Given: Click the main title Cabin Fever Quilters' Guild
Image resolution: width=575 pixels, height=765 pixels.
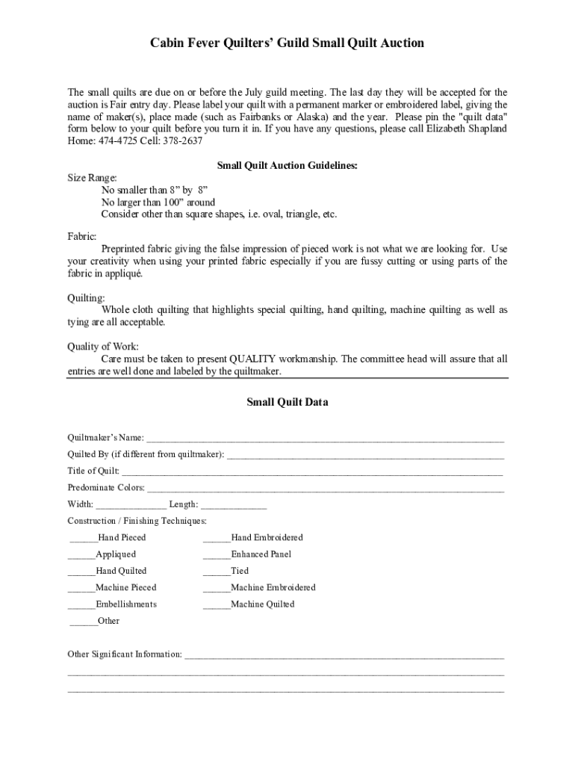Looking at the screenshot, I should click(287, 43).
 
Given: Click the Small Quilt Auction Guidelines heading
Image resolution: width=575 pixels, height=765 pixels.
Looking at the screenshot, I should click(287, 166).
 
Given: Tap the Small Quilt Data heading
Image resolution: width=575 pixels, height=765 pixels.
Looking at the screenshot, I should click(287, 403).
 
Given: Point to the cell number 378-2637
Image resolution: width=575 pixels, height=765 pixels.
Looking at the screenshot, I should click(181, 140).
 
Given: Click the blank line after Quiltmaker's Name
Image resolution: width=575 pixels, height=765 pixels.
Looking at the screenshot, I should click(325, 439).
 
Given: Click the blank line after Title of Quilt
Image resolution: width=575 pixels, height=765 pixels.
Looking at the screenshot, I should click(312, 471).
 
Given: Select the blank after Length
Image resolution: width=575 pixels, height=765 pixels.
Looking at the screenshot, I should click(234, 505).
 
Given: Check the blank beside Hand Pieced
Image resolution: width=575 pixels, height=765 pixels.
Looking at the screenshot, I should click(83, 539).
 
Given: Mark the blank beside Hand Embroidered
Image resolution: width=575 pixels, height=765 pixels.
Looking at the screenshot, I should click(217, 539).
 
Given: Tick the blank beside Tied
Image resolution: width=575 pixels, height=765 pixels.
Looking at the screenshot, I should click(217, 572).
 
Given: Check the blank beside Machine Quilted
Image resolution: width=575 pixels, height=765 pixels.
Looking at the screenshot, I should click(217, 605).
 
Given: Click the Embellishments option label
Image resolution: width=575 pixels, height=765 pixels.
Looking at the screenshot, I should click(126, 604).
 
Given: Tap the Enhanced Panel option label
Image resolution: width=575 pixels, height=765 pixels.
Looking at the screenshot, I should click(261, 554).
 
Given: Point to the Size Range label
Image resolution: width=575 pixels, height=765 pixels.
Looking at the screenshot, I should click(92, 178).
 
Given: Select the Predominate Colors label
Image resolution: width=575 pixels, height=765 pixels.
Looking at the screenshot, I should click(106, 488).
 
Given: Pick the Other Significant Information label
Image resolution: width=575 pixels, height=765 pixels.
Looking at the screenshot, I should click(125, 654).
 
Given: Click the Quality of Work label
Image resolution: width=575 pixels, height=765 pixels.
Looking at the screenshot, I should click(103, 347).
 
